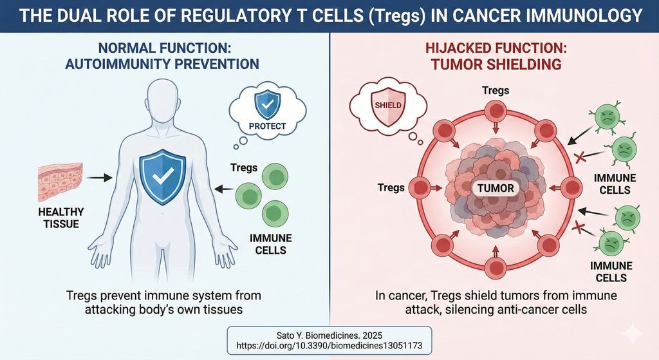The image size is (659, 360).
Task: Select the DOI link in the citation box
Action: [x=330, y=344]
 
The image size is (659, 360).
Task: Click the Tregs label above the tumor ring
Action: [x=496, y=90]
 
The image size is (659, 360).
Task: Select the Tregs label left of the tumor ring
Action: [x=391, y=188]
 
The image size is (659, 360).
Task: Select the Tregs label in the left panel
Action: [x=244, y=168]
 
